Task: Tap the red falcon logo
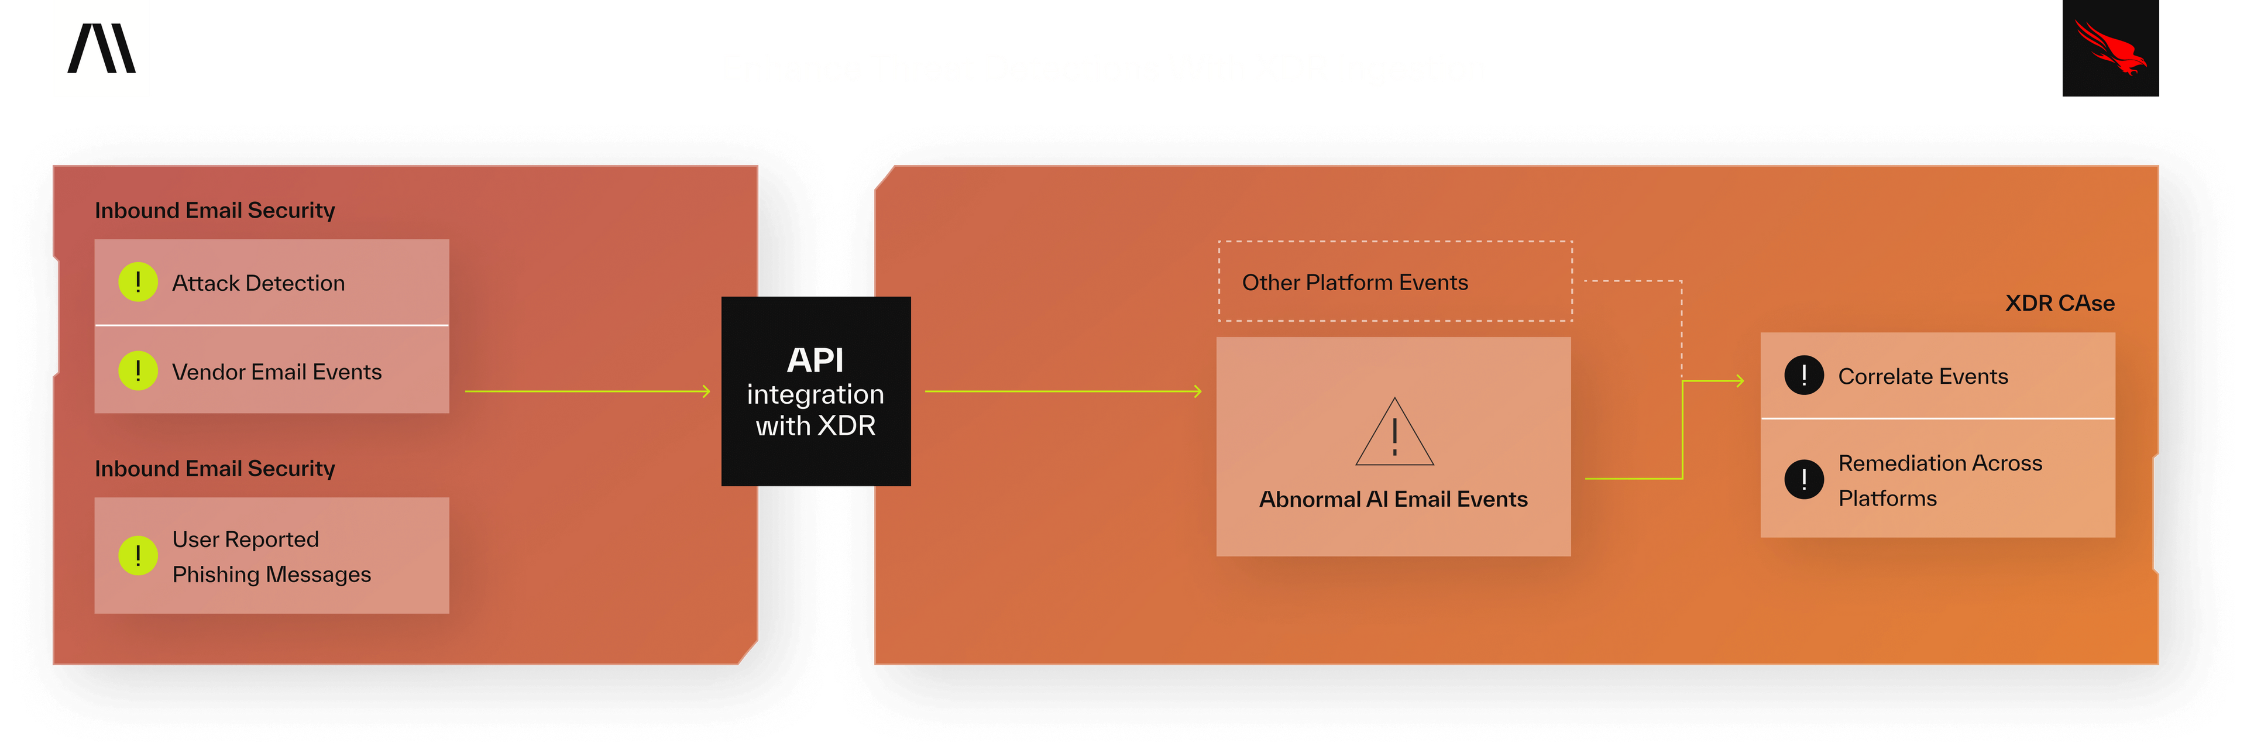click(x=2110, y=48)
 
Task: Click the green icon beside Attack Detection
click(x=138, y=282)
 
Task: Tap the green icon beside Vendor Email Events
click(x=138, y=371)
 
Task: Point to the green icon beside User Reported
click(x=138, y=556)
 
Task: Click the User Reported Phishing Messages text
click(x=272, y=556)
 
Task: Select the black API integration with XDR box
click(x=816, y=391)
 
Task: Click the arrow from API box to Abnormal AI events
click(x=1063, y=392)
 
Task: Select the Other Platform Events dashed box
click(x=1395, y=281)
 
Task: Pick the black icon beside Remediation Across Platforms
click(x=1804, y=479)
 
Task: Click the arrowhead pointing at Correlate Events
click(x=1739, y=380)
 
